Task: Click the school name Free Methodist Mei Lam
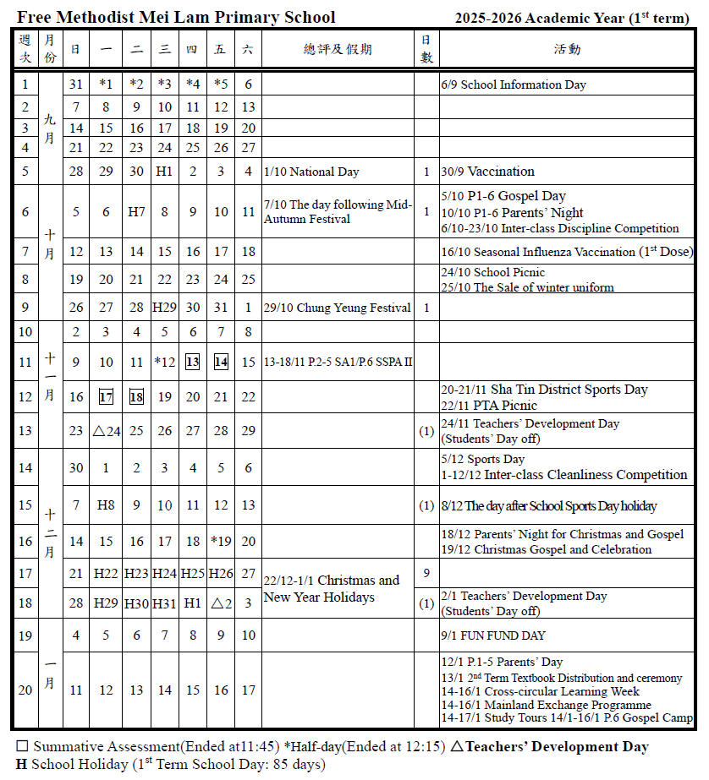(x=176, y=17)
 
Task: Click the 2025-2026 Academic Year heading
(x=572, y=18)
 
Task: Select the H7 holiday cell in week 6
(x=136, y=212)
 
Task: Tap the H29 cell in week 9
(x=164, y=308)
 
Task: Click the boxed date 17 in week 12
(x=106, y=397)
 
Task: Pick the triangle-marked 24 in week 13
(x=107, y=431)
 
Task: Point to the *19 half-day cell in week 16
(x=221, y=542)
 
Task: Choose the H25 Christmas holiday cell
(x=192, y=574)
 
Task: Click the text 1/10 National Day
(x=311, y=172)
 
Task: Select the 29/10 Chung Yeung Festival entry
(x=338, y=308)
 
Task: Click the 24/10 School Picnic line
(x=492, y=272)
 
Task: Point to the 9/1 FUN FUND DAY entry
(x=493, y=635)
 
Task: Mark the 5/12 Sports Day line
(x=482, y=459)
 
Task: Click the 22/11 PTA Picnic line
(x=489, y=406)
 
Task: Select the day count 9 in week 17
(x=426, y=574)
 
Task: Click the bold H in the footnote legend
(x=21, y=765)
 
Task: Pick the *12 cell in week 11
(x=164, y=363)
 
